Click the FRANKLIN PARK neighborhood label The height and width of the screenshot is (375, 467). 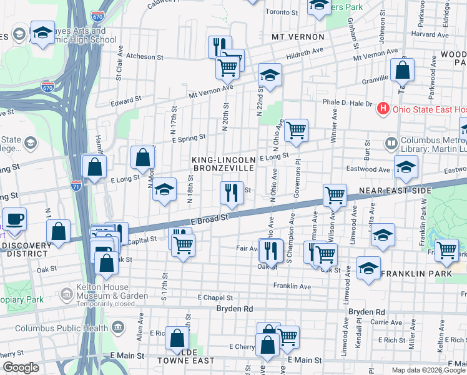pos(411,274)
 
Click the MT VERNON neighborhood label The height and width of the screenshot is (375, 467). pos(295,37)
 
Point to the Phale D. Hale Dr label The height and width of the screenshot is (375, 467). pos(347,103)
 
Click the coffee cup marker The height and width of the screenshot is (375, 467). pos(14,219)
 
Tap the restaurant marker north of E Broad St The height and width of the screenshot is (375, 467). pos(232,193)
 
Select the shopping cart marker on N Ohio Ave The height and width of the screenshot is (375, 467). pos(296,131)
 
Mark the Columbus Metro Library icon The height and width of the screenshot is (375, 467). pos(391,144)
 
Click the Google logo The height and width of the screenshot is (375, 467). pos(21,367)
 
